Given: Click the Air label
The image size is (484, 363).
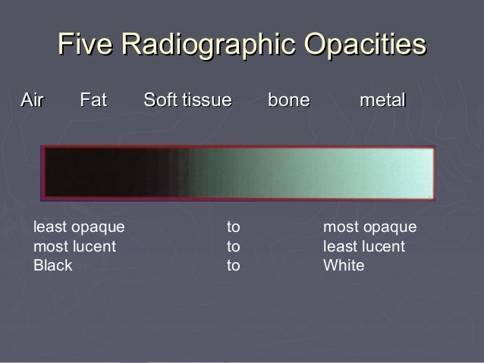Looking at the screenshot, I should (x=32, y=100).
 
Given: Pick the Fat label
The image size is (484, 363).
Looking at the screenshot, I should (x=93, y=100).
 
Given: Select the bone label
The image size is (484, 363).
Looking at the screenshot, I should (x=289, y=100).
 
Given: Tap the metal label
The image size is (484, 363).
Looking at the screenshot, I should (x=383, y=100).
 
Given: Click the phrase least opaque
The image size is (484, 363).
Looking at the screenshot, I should (x=79, y=227).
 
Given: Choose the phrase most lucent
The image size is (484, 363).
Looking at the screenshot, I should (x=74, y=247).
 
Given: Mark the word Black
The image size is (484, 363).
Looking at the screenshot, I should (x=52, y=266).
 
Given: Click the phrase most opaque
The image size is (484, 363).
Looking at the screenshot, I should (x=369, y=227).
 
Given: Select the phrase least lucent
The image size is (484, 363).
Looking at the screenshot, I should (x=364, y=247).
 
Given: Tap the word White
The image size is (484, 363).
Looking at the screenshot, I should (x=344, y=266).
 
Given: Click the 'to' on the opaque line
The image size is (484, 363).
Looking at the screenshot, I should (x=234, y=227).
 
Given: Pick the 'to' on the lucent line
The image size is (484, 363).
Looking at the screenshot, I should (x=234, y=247).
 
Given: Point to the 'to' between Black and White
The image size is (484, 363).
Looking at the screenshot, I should (x=234, y=266).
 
